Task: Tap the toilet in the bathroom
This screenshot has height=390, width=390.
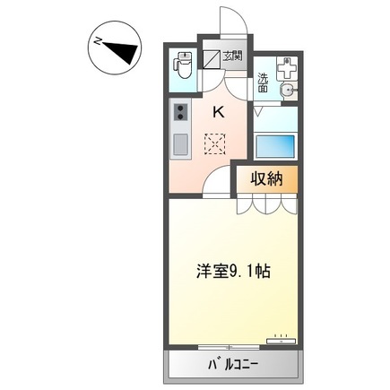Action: coord(183,65)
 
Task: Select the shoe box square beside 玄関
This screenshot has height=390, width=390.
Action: coord(212,61)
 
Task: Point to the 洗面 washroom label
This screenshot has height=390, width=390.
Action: coord(263,82)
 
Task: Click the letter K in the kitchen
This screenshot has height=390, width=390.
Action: coord(218,111)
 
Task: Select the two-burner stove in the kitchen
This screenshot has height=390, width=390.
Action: coord(179,113)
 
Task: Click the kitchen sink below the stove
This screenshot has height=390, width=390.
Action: coord(179,143)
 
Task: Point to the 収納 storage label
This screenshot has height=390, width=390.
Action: coord(266,178)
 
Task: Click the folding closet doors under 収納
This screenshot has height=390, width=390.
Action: coord(266,204)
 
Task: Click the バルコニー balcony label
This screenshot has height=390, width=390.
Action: coord(232,365)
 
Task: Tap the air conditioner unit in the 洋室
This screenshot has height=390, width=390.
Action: coord(281,339)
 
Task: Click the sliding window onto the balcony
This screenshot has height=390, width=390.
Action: coord(231,348)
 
